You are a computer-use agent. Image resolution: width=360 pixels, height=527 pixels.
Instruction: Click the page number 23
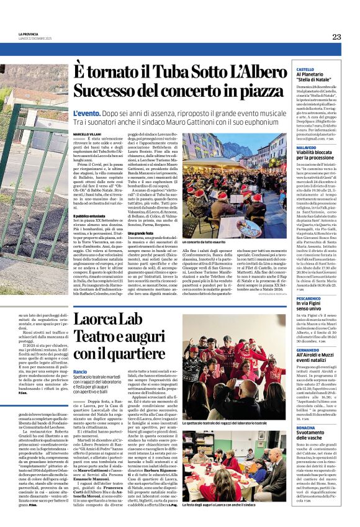point(336,37)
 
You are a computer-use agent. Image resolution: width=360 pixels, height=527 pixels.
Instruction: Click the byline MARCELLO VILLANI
point(86,133)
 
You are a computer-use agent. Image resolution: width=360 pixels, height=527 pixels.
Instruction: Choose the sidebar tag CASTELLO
point(305,70)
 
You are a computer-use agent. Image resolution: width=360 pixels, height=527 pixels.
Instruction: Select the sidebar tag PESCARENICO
point(308,299)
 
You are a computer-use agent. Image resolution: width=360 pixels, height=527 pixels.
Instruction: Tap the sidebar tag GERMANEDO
point(308,349)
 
